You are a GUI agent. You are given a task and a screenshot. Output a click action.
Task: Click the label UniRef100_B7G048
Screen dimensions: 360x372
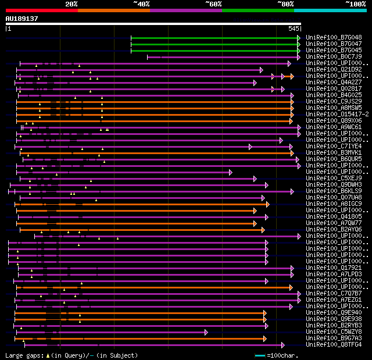334,37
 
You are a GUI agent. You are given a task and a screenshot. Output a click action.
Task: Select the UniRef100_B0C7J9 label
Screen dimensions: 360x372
334,56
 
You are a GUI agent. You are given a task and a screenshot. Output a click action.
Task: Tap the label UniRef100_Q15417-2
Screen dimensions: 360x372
336,114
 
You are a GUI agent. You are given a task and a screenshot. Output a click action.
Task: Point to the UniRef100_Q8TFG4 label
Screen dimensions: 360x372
334,344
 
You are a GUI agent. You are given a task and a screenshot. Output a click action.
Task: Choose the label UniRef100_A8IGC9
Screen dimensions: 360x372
334,204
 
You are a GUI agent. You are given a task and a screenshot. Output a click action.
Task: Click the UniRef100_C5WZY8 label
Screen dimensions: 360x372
334,332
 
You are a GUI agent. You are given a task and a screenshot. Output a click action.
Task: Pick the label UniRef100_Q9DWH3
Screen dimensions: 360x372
334,184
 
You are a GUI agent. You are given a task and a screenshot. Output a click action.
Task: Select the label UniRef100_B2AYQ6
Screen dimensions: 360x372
334,229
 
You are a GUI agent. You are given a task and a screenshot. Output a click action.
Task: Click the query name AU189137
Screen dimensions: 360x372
22,19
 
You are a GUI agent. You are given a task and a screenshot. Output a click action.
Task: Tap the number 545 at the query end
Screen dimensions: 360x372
294,28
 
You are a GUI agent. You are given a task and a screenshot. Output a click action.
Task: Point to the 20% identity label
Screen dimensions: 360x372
71,4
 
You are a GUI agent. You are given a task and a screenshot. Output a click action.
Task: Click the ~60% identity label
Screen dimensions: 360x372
213,4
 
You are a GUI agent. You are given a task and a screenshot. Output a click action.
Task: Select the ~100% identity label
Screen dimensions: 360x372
356,4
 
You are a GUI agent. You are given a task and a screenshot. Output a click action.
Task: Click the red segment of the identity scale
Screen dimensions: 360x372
41,10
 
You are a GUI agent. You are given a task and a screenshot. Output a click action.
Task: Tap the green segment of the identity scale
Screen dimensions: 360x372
257,10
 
